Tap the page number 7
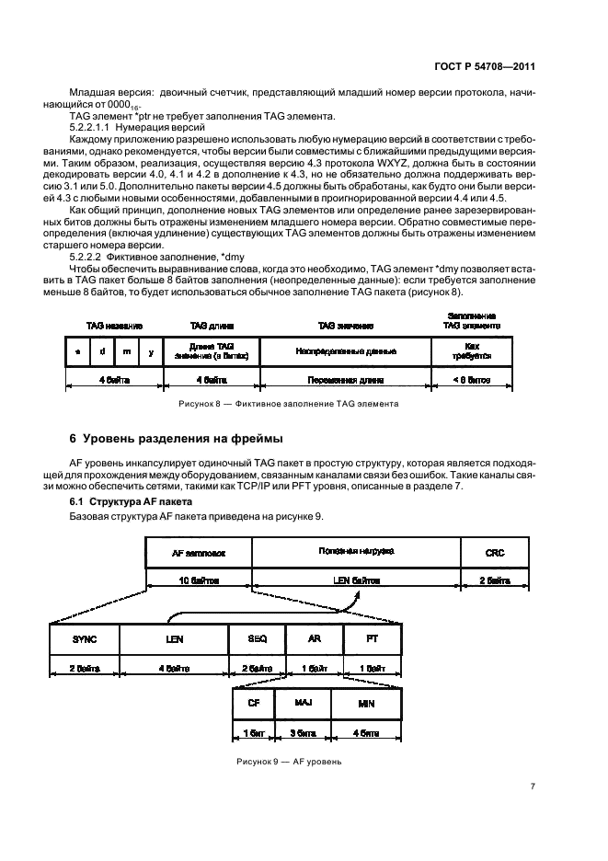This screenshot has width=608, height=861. point(533,786)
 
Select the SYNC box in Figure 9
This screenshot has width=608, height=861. point(84,638)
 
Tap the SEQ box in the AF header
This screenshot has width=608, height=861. point(258,638)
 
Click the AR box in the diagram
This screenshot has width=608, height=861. point(314,638)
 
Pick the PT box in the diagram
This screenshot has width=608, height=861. point(372,638)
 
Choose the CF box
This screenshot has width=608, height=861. point(254,703)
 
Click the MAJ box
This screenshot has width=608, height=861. point(304,703)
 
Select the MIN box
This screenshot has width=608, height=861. point(366,703)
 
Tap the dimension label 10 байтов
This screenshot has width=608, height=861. point(198,580)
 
